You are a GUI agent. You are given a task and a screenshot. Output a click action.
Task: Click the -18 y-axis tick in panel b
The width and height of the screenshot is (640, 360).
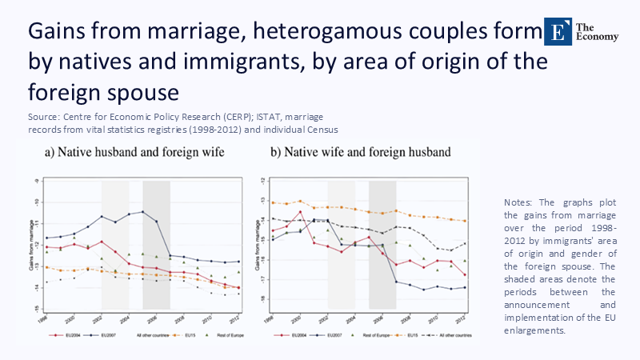[262, 300]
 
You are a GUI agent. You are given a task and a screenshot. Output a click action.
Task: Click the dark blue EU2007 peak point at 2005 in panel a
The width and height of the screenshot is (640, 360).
[142, 211]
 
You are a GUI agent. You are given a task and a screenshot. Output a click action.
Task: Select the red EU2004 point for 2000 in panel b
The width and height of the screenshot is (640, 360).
[300, 212]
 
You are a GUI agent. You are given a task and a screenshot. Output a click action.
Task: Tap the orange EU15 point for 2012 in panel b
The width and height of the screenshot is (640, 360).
[466, 221]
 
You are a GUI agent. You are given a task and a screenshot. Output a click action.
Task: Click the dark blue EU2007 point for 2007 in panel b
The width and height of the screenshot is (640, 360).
[397, 281]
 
